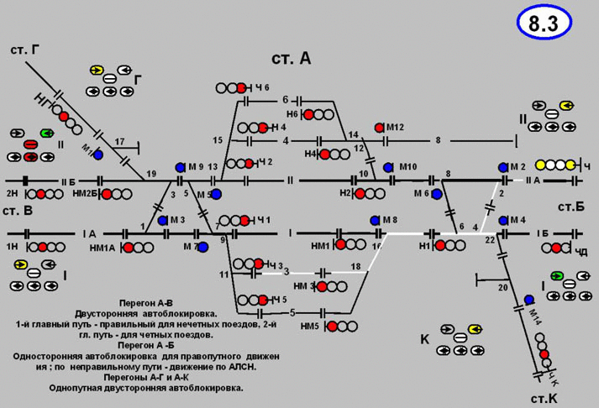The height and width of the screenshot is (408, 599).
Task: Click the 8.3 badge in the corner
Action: (543, 24)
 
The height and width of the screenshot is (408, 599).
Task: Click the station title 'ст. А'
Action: (291, 58)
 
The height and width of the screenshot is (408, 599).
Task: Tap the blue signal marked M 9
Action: (180, 168)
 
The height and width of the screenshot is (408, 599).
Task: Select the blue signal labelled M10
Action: (388, 168)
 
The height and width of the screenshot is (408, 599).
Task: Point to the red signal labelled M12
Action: (380, 127)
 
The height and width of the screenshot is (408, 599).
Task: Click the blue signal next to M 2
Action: (503, 168)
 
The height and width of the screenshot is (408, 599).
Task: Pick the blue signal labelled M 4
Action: (503, 221)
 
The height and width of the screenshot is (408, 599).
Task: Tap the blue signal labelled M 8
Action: (375, 220)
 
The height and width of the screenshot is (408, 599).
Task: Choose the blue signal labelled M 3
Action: (162, 221)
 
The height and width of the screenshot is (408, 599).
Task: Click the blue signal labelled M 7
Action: (202, 247)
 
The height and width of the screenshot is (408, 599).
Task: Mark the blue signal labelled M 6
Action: (437, 194)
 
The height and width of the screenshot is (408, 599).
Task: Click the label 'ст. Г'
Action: (25, 50)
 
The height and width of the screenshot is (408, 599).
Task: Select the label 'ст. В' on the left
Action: (17, 210)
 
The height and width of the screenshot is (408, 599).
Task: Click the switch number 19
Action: (151, 174)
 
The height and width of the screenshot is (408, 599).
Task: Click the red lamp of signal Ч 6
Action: (242, 87)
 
